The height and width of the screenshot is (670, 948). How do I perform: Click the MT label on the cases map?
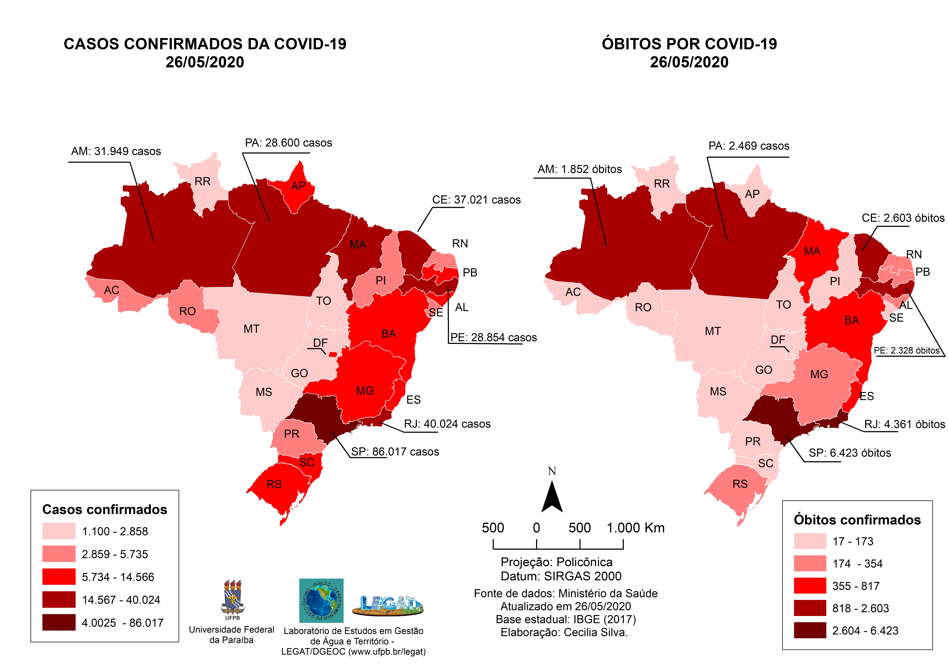tap(251, 329)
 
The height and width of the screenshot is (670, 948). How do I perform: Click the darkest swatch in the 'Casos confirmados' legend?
tap(59, 622)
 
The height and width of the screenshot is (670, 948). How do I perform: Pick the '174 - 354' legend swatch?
tap(810, 563)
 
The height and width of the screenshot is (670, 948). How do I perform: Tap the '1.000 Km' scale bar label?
tap(635, 528)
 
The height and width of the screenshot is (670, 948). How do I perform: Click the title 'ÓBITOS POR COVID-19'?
tap(689, 44)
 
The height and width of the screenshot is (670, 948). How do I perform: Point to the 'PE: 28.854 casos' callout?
tap(493, 338)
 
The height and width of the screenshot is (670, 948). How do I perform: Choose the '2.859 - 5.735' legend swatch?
tap(59, 554)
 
